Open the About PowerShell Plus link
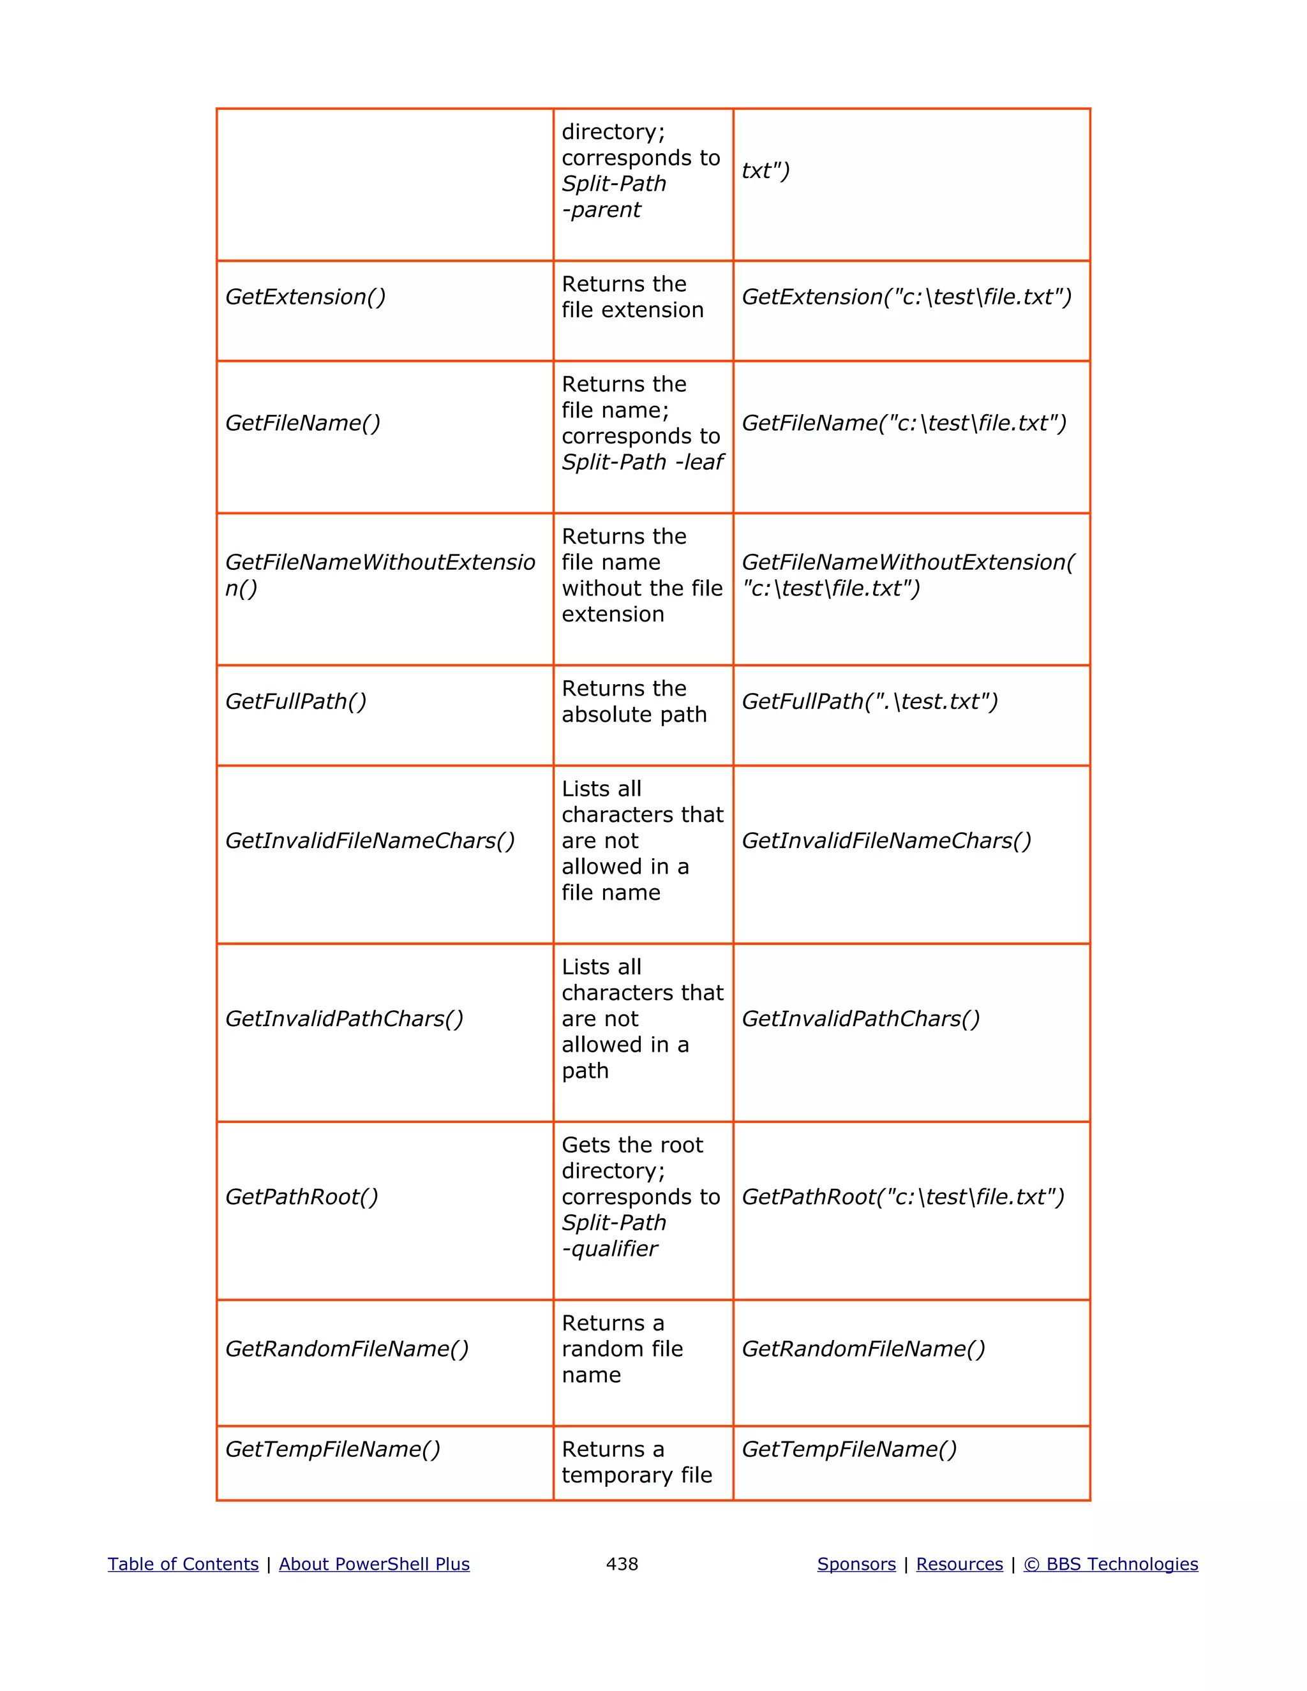[374, 1564]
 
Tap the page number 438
[622, 1564]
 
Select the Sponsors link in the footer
[856, 1564]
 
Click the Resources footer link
[959, 1564]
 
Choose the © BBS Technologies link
[1110, 1564]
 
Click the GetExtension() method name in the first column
[305, 297]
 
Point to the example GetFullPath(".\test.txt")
[870, 701]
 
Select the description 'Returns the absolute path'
[634, 701]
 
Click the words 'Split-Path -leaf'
[643, 462]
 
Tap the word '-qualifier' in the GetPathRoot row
[609, 1249]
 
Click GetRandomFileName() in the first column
[347, 1349]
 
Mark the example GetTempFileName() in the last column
[849, 1449]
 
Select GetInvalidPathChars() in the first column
[344, 1019]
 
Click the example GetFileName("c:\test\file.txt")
[904, 422]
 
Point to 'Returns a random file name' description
[622, 1349]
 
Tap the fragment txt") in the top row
[765, 170]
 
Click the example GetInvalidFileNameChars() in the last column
[886, 841]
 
